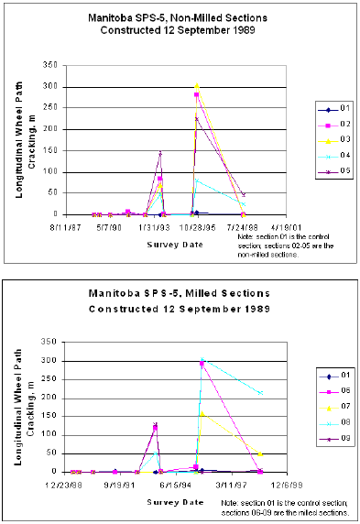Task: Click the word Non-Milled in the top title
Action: pos(209,17)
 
